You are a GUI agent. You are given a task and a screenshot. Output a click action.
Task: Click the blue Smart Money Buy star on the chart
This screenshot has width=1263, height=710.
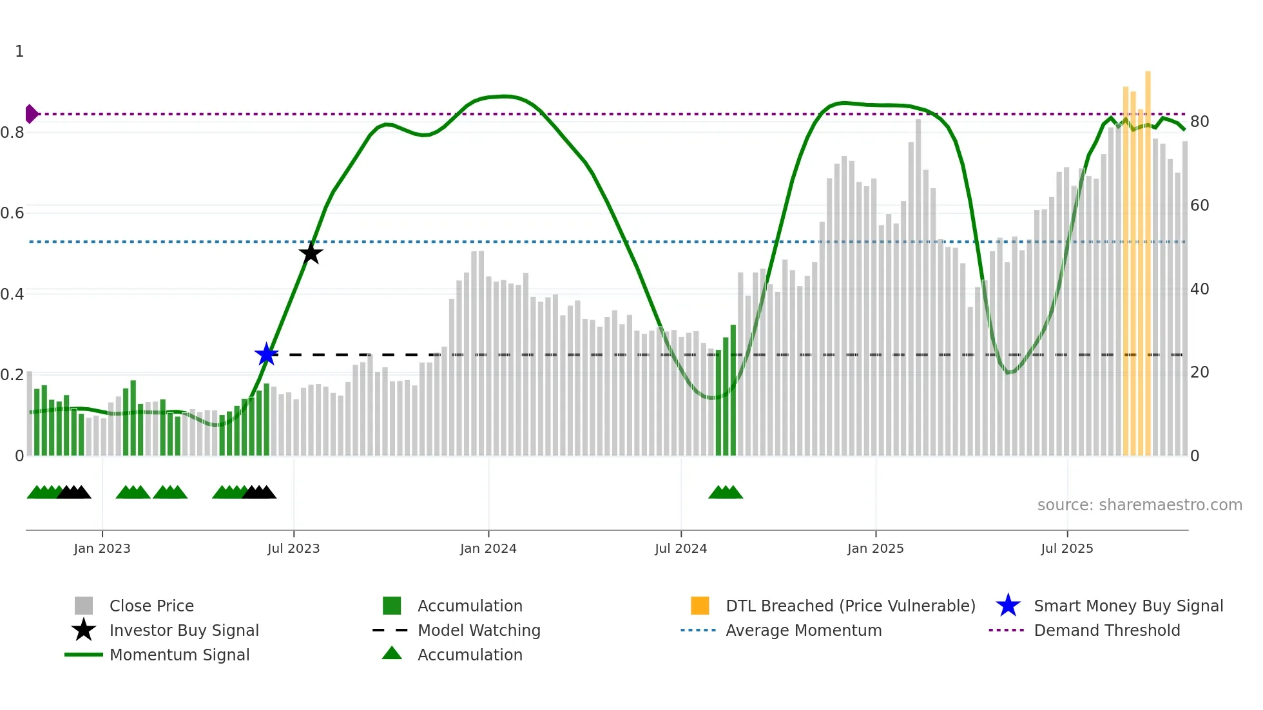point(266,354)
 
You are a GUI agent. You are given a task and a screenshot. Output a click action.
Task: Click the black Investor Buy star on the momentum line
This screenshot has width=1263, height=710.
point(311,253)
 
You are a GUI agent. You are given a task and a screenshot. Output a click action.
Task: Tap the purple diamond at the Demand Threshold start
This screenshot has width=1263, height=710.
point(31,114)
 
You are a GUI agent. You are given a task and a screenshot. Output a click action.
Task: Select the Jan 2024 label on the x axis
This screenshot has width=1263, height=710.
point(488,548)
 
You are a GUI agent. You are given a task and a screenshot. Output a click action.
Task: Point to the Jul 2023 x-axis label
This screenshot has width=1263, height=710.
point(293,548)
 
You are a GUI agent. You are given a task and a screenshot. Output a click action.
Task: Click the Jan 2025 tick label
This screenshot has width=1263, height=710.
point(875,548)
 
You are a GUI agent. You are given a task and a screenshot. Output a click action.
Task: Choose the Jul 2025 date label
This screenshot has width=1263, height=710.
point(1067,548)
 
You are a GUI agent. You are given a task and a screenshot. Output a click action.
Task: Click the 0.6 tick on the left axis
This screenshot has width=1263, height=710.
point(12,213)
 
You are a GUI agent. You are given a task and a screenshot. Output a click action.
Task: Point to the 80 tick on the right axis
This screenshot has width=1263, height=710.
point(1199,122)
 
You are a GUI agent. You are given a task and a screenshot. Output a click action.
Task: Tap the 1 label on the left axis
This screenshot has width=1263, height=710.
point(19,52)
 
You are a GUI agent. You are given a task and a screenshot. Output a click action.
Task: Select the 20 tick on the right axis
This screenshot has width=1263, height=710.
point(1199,372)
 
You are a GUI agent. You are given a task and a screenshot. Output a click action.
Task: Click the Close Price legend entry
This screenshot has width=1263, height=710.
point(151,606)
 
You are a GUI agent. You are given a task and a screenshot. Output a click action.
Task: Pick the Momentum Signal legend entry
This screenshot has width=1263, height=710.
point(179,655)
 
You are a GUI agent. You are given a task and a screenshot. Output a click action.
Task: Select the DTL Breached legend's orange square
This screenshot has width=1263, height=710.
point(700,606)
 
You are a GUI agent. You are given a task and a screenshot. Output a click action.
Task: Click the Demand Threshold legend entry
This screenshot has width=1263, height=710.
point(1106,630)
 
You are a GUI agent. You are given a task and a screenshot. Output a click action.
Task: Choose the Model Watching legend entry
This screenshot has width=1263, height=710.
point(479,630)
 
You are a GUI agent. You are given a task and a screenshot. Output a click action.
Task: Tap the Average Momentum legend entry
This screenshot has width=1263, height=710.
point(804,630)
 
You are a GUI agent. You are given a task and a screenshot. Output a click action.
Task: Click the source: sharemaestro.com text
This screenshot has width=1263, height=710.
point(1139,505)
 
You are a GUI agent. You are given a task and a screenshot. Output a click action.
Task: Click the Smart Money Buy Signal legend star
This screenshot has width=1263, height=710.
point(1008,606)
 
